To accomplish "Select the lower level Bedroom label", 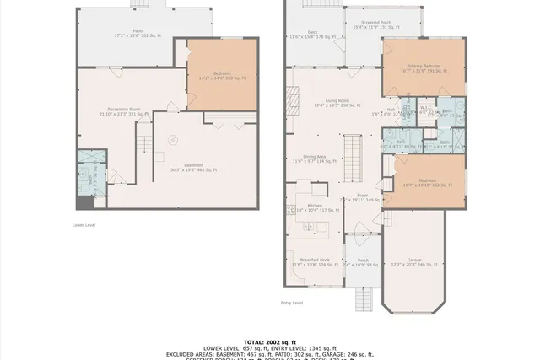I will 222,77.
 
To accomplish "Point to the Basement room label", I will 195,167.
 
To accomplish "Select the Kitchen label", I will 315,207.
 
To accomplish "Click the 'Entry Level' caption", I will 292,303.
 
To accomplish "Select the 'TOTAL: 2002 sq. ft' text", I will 270,342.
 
